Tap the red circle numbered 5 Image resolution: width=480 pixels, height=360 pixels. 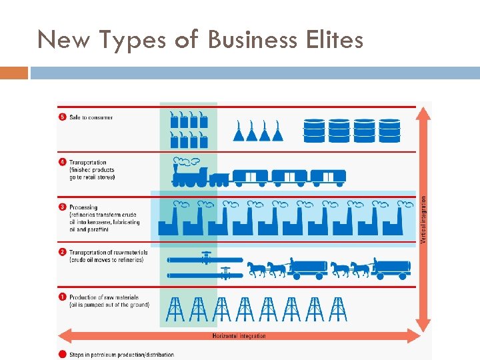point(63,117)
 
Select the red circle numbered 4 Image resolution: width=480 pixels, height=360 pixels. point(63,163)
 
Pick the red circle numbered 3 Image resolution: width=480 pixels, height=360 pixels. point(63,207)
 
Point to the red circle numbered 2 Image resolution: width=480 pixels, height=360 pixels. point(63,252)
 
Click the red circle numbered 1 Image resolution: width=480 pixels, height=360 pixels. point(63,297)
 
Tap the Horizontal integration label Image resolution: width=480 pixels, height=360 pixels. point(239,336)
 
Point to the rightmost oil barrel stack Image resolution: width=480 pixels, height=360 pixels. point(389,131)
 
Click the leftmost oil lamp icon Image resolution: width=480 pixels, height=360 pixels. point(239,131)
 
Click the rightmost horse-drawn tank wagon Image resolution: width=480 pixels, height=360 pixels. point(392,267)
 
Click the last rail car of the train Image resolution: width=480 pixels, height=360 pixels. point(328,177)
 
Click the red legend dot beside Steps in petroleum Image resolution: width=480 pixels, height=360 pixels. point(63,354)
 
